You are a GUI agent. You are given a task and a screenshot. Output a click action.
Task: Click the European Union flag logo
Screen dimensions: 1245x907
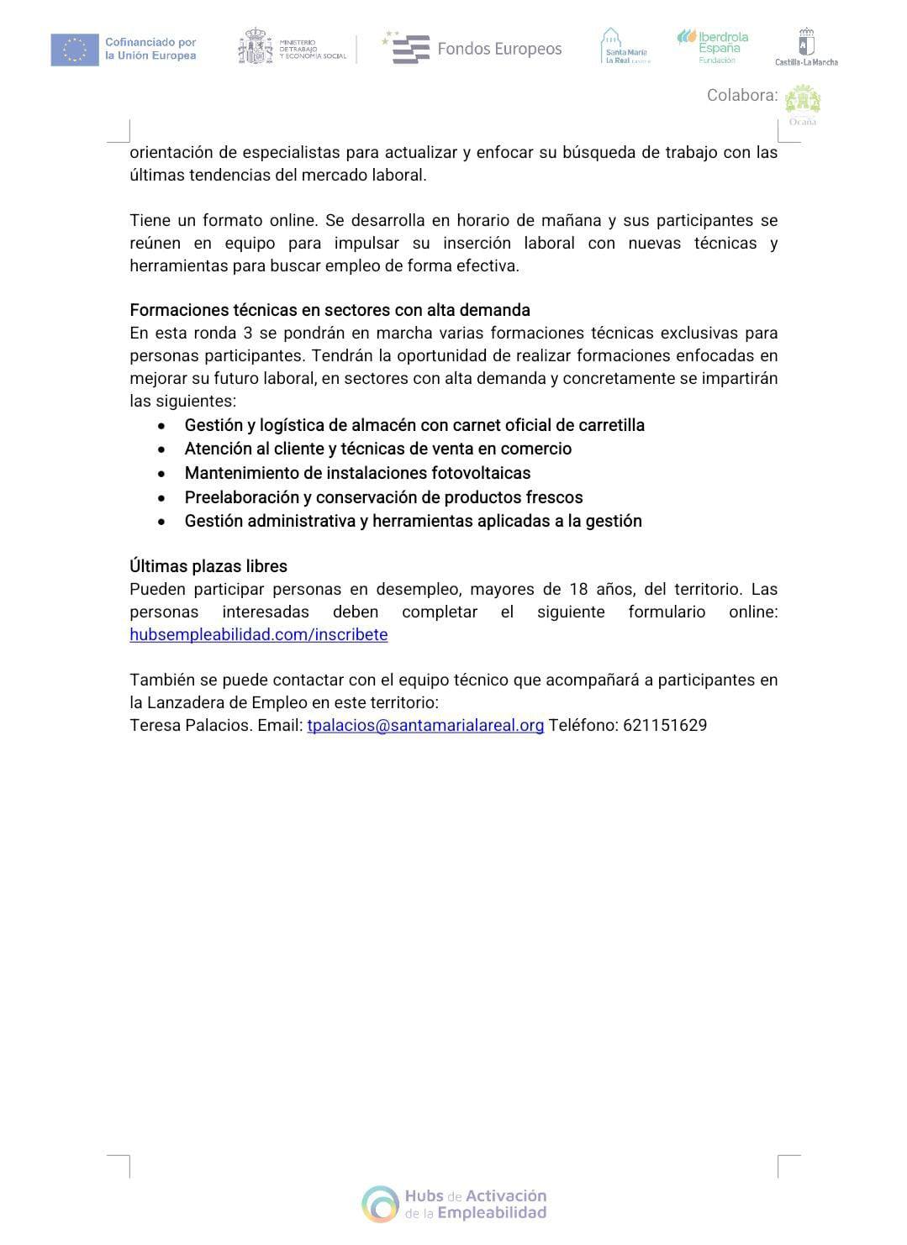pos(74,50)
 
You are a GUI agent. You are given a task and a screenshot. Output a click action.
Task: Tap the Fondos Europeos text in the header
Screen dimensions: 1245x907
pos(498,49)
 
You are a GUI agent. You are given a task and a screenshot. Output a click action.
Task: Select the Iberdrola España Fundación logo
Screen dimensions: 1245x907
pos(713,46)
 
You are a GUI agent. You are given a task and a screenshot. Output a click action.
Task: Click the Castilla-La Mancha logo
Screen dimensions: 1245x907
pos(806,48)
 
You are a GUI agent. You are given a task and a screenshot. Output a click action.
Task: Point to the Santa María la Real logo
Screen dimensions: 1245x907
pos(625,47)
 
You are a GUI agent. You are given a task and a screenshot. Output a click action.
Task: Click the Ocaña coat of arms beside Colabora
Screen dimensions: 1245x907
pos(802,103)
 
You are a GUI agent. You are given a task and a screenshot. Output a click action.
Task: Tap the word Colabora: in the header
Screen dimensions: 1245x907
pos(742,95)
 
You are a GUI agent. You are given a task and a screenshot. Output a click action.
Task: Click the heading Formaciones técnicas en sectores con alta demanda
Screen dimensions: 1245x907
pos(330,310)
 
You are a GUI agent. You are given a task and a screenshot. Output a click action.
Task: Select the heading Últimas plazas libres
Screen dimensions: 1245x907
pos(208,566)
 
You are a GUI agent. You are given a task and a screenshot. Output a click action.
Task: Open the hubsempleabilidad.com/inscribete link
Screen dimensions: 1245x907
pos(259,634)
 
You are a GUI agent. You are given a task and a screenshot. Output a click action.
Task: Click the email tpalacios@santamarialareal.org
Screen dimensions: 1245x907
pos(425,725)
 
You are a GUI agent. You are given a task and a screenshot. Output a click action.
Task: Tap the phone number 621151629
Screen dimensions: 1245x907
pos(665,725)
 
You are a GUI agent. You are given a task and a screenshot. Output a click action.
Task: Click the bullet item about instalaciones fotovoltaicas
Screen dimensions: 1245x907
pos(357,473)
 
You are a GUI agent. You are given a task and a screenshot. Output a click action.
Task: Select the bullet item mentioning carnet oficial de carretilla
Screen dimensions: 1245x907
pos(414,425)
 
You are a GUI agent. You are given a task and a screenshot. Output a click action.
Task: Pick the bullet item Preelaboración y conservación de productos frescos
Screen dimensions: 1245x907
pos(383,497)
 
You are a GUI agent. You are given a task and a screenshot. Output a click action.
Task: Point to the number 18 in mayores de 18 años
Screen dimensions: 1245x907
pos(578,589)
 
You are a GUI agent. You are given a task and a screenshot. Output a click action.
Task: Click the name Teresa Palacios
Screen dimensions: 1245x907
pos(190,725)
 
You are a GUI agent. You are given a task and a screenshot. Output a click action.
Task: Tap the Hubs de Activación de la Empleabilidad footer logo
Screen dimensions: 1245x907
pos(455,1204)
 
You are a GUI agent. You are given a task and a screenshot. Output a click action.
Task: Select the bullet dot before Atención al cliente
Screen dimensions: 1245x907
pos(161,449)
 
